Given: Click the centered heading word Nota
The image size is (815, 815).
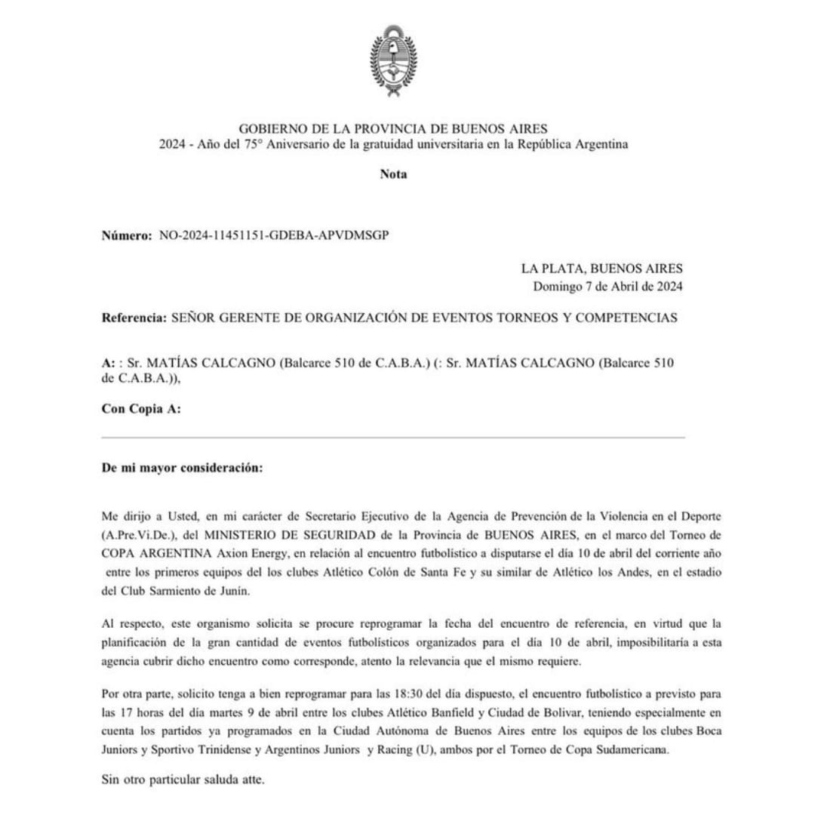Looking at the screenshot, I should tap(393, 174).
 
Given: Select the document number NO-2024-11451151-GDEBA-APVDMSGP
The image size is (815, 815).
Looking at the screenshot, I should tap(274, 235).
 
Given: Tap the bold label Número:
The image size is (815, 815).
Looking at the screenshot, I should tap(127, 235).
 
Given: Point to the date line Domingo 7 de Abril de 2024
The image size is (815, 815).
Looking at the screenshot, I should tap(607, 286).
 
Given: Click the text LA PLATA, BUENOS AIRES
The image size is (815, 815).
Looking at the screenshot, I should tap(601, 268).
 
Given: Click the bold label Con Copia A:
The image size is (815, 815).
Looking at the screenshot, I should tap(141, 409).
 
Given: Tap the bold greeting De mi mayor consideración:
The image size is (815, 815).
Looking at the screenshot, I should tap(182, 467).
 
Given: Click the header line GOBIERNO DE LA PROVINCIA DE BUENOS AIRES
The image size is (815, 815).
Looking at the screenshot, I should tap(393, 129).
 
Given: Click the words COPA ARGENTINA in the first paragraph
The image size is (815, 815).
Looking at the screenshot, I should tap(148, 554).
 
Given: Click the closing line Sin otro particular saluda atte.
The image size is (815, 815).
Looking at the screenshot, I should tap(183, 780).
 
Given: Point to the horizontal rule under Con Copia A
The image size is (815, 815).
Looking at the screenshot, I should tap(393, 438).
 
